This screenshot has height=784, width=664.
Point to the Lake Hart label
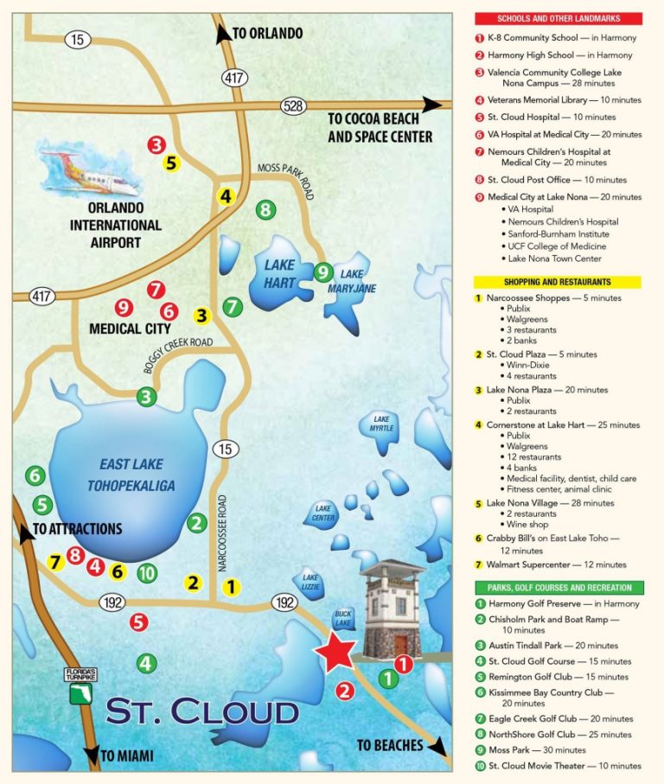pos(280,275)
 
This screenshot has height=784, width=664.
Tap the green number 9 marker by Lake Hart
pos(323,271)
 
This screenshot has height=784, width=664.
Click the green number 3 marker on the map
pos(146,397)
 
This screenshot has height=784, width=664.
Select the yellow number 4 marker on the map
pos(226,196)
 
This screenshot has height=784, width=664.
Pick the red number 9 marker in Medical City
pos(124,307)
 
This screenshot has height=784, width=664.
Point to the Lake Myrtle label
pos(381,424)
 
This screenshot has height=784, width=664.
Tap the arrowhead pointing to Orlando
pos(223,34)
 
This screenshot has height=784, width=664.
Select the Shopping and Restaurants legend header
pos(558,282)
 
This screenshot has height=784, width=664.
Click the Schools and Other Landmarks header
pos(558,18)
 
